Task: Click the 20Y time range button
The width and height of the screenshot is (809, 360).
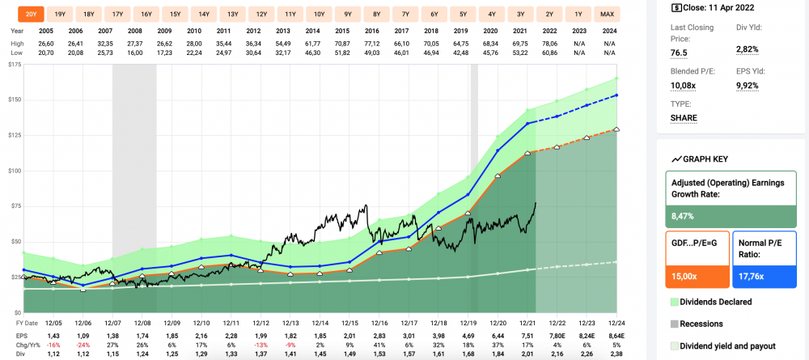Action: [31, 15]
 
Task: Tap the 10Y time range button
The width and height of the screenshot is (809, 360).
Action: [320, 15]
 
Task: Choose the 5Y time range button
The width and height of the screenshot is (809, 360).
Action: [464, 15]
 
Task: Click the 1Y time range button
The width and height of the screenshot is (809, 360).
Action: [578, 15]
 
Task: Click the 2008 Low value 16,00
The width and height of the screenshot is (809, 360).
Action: [134, 52]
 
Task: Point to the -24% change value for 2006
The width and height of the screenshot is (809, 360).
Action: [78, 344]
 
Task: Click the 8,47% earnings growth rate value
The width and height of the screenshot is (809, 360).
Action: [684, 216]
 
